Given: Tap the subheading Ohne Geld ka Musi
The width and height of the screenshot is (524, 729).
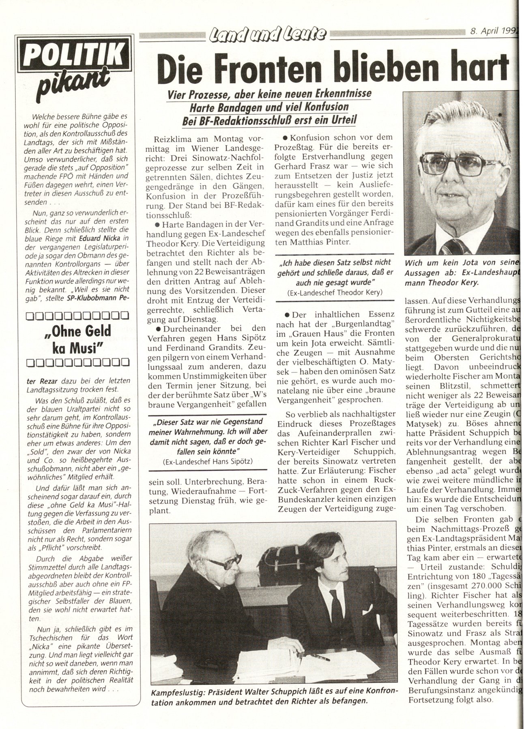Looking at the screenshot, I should pyautogui.click(x=77, y=338).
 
